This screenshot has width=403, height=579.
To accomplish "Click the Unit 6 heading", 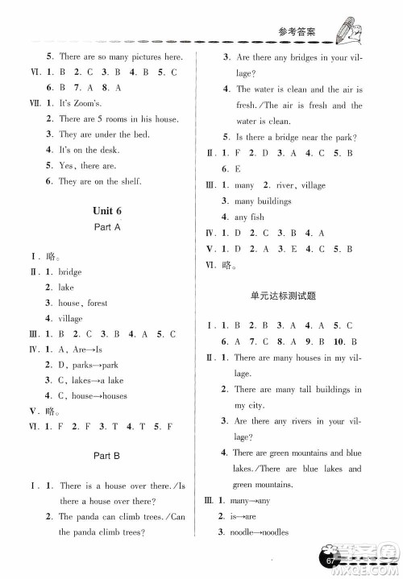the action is tap(107, 211).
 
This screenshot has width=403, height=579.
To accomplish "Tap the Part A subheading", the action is tap(107, 229).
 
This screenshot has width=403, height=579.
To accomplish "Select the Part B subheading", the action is tap(107, 456).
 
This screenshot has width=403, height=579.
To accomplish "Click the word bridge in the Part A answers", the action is tap(70, 272).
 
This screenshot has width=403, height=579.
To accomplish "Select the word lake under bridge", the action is tap(66, 287).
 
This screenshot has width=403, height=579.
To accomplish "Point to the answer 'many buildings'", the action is tap(263, 201).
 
